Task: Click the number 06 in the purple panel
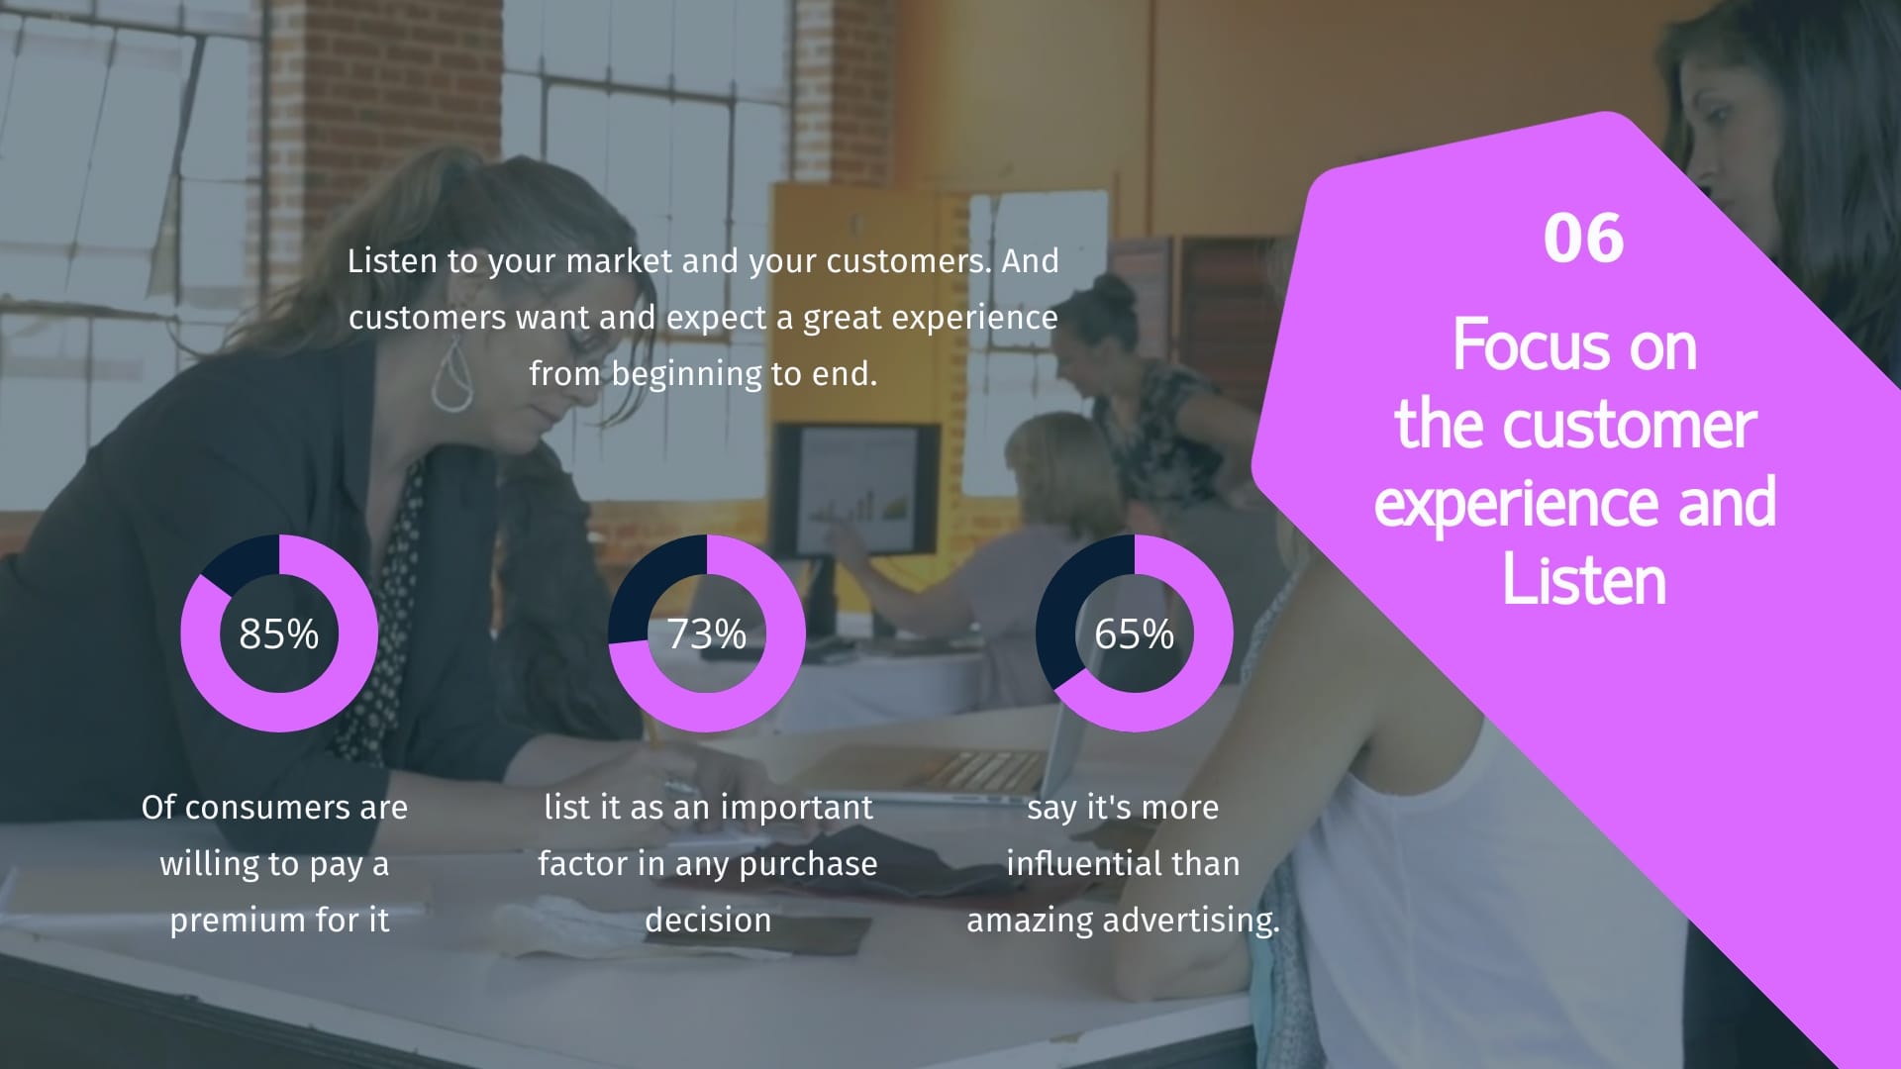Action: [1583, 239]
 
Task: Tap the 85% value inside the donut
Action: [279, 634]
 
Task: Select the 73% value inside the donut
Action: [707, 634]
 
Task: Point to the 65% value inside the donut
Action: [1135, 634]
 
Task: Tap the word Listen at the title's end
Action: [1584, 580]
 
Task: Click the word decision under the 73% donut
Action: [708, 920]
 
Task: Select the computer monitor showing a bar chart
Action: [857, 488]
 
